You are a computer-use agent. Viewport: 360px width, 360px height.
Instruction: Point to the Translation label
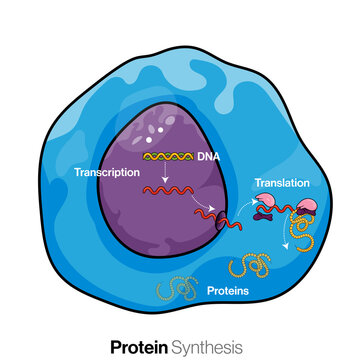[x=281, y=184]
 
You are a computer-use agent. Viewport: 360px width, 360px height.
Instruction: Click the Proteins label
[x=229, y=292]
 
